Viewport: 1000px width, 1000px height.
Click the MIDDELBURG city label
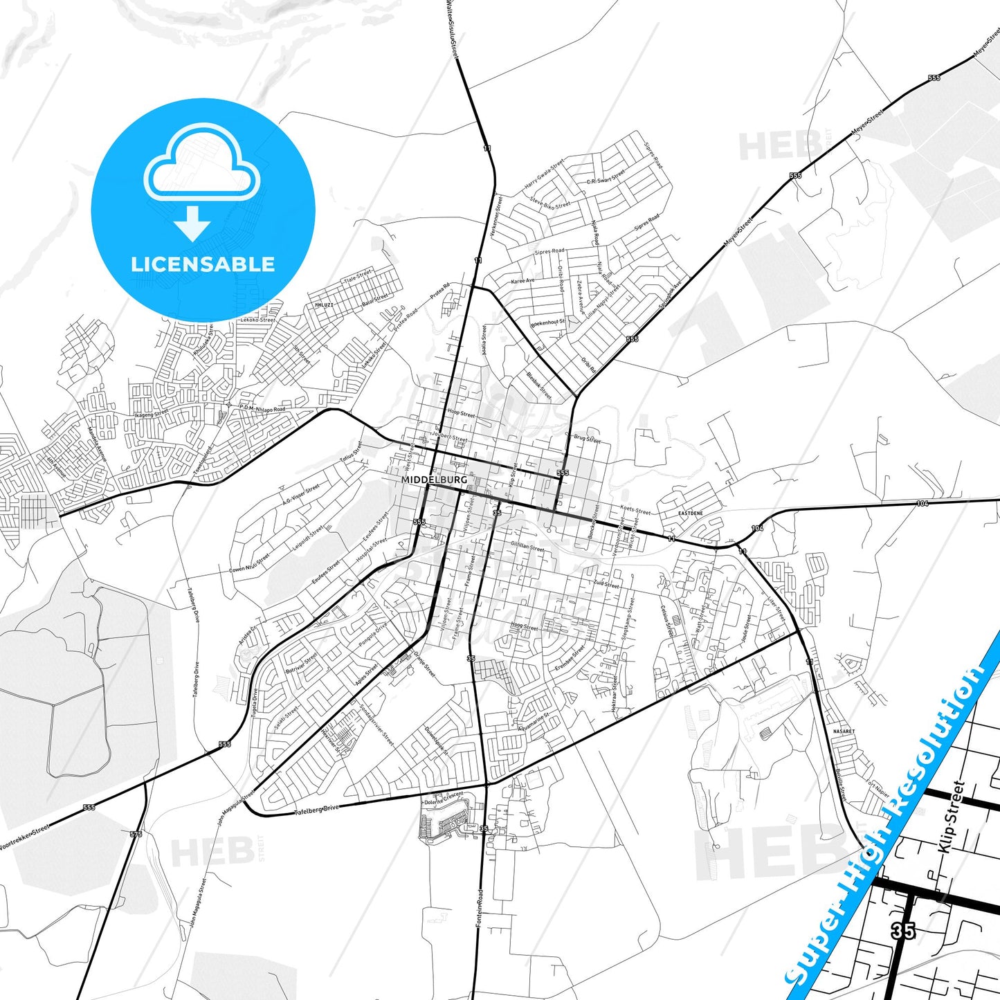coord(434,480)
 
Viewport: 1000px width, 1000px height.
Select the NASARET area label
coord(844,731)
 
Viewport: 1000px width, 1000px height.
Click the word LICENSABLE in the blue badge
coord(203,264)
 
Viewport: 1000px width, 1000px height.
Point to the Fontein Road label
coord(478,908)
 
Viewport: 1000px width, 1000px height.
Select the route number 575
coord(136,835)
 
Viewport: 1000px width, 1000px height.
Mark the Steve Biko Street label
coord(550,201)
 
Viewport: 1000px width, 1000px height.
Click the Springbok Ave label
coord(671,294)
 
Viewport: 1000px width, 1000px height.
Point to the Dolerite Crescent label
coord(443,799)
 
